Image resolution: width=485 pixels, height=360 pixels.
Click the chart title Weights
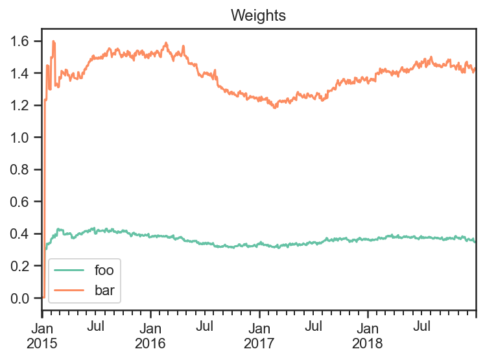(x=258, y=16)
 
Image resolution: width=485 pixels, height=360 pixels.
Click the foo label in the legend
(x=104, y=270)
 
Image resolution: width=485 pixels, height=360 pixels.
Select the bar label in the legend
(x=104, y=290)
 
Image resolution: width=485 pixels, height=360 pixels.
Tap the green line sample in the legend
(x=69, y=270)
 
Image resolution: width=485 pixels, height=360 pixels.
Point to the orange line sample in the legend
(x=69, y=290)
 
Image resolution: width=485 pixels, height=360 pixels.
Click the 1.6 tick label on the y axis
(x=19, y=41)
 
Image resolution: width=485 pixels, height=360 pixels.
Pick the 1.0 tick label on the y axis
(x=19, y=138)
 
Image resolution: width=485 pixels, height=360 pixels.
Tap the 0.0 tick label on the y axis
(x=19, y=298)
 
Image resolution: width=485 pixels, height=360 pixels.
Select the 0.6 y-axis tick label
(x=19, y=202)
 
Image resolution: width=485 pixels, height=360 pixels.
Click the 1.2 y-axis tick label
(x=19, y=106)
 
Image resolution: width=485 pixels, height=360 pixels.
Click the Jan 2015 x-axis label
(x=42, y=336)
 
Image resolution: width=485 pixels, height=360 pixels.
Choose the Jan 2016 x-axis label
(x=150, y=336)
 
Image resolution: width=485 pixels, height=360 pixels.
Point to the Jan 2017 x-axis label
(x=259, y=336)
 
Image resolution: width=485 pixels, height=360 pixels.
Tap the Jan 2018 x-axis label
(x=368, y=336)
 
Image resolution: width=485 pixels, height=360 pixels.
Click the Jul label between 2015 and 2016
(x=95, y=326)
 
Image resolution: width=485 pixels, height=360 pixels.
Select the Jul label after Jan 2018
(x=422, y=326)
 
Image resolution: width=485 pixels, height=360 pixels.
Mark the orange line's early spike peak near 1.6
(x=54, y=41)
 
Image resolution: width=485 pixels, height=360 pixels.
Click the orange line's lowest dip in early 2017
(x=274, y=108)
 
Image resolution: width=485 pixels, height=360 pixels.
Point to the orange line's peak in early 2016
(x=167, y=43)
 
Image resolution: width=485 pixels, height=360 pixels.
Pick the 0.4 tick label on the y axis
(x=19, y=234)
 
